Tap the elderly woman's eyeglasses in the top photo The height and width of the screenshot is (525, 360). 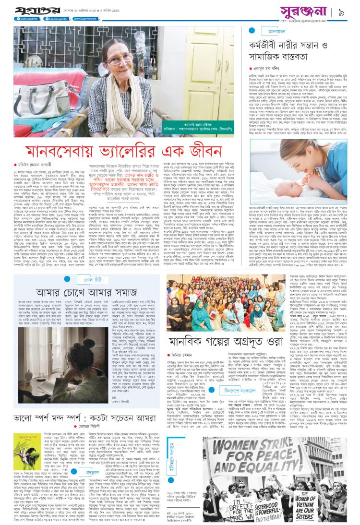(108, 54)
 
